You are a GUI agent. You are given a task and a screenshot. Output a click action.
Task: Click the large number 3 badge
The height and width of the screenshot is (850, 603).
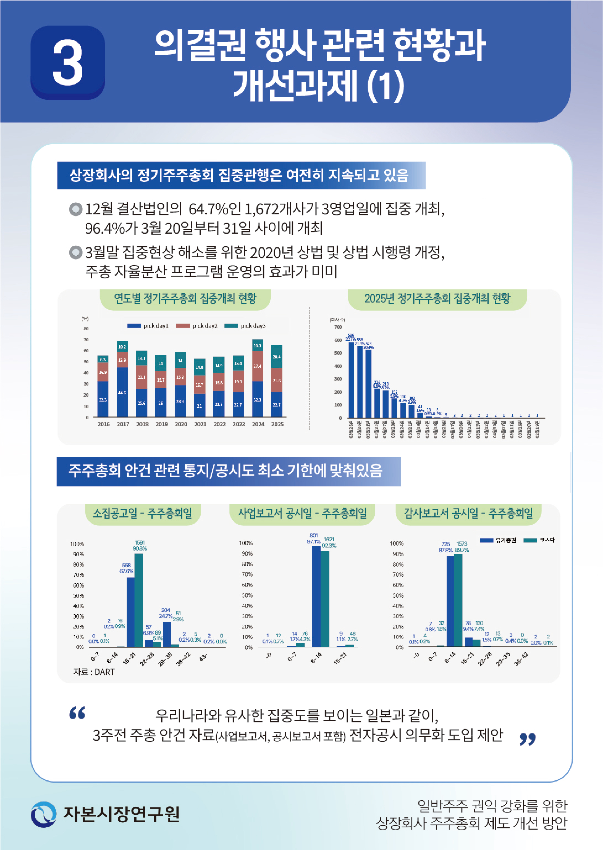tap(68, 62)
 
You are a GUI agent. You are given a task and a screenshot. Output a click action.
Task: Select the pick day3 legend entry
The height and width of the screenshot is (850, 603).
tap(245, 326)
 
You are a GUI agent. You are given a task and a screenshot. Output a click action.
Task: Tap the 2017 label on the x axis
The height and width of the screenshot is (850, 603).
tap(123, 424)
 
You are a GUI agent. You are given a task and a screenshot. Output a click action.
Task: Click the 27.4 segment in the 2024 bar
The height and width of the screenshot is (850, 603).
tap(257, 366)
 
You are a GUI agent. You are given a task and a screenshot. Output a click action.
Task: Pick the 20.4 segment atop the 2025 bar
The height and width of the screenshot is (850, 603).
tap(277, 357)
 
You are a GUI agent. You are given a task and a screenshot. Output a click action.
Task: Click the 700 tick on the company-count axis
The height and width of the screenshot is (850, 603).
tap(338, 327)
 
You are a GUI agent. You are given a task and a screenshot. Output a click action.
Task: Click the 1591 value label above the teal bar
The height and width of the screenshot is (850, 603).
tap(140, 542)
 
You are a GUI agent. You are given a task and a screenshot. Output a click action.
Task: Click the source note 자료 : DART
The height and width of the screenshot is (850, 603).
tap(94, 672)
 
